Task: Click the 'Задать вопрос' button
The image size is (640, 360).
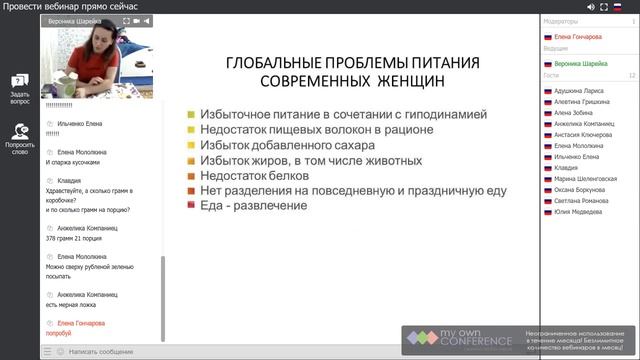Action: (x=19, y=88)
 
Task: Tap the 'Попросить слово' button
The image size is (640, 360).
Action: (x=19, y=137)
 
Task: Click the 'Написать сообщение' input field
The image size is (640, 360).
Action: (x=100, y=352)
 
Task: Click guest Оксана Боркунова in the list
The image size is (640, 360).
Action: (x=581, y=190)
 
